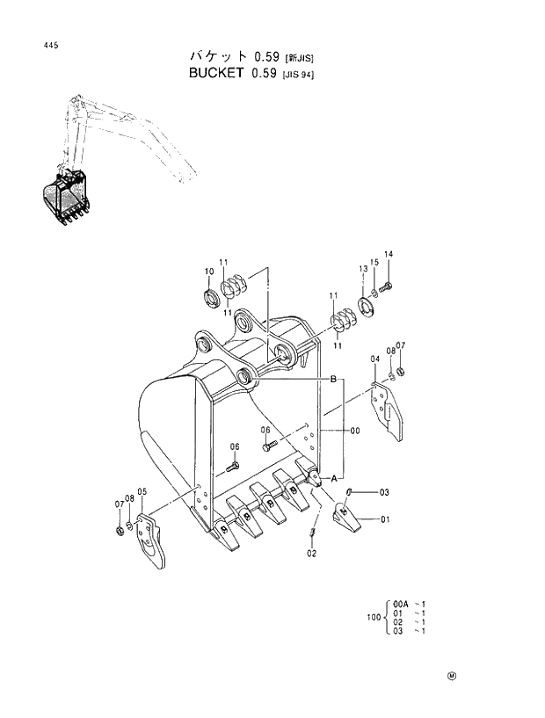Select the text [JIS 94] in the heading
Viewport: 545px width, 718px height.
298,75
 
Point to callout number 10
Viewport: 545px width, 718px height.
209,271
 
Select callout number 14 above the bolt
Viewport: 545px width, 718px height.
388,255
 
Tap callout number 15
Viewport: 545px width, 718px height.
374,263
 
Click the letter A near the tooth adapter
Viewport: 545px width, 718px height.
334,475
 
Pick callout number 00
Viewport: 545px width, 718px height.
355,431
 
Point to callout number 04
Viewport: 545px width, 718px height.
374,359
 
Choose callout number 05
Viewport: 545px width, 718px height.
142,491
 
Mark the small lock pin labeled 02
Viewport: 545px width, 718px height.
314,535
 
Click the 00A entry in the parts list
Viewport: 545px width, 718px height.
401,605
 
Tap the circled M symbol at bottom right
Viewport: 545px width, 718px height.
451,676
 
